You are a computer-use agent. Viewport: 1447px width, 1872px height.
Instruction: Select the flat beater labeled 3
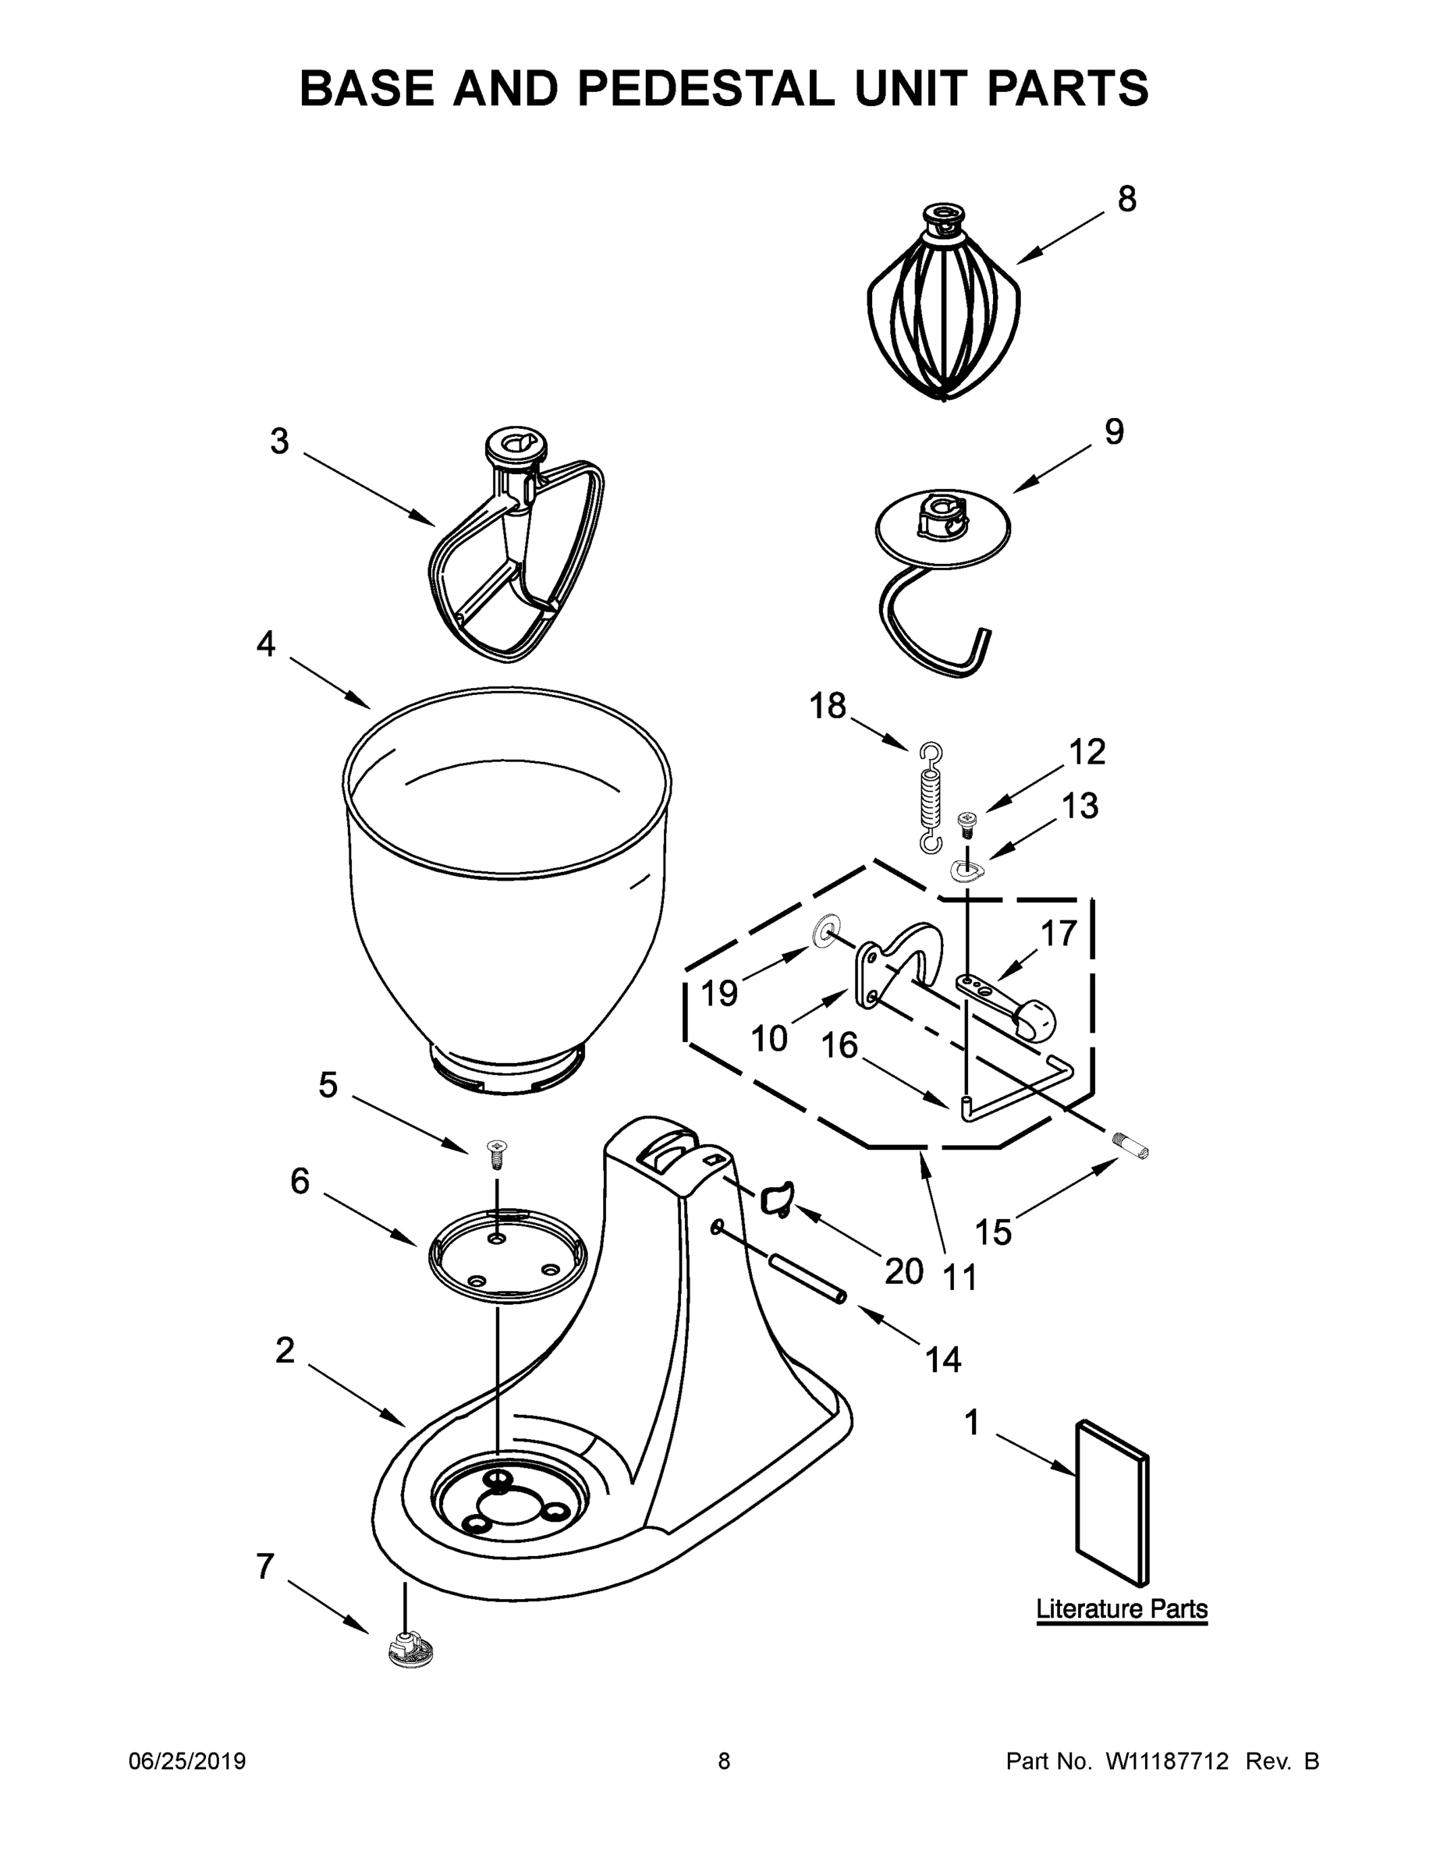[x=515, y=557]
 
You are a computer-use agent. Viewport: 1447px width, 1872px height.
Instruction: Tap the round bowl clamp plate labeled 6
[x=508, y=1255]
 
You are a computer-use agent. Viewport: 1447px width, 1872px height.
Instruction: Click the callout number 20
[x=903, y=1271]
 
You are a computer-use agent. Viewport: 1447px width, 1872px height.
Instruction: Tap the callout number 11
[x=960, y=1277]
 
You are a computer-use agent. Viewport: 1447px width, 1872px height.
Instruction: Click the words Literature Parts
[x=1121, y=1608]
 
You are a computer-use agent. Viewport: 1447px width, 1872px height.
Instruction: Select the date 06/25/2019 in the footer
[x=187, y=1760]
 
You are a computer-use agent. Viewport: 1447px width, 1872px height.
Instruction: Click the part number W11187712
[x=1167, y=1761]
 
